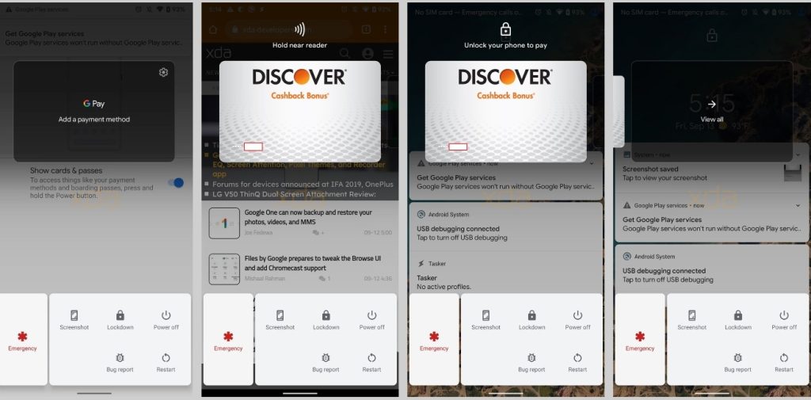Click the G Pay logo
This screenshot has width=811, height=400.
click(x=93, y=104)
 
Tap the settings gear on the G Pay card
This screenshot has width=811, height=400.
click(x=163, y=72)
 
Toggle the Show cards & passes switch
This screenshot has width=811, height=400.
click(x=176, y=183)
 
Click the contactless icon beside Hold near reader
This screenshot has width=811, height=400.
click(x=299, y=30)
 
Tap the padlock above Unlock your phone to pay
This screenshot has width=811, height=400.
click(x=505, y=30)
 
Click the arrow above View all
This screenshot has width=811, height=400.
click(x=711, y=104)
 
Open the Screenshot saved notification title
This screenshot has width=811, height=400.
click(x=650, y=169)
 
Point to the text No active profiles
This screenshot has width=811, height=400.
click(x=444, y=287)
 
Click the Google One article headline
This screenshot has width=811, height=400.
click(x=308, y=217)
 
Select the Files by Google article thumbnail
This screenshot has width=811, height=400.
click(x=224, y=269)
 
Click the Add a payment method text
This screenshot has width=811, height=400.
click(x=93, y=120)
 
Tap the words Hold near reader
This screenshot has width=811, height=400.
click(x=299, y=46)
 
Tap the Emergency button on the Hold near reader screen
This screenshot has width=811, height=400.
click(x=228, y=341)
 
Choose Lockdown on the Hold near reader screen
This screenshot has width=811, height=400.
click(x=326, y=319)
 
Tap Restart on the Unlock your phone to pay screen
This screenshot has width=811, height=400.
click(x=577, y=362)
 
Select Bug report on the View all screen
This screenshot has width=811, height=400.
click(x=737, y=362)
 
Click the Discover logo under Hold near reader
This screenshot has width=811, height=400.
click(x=299, y=77)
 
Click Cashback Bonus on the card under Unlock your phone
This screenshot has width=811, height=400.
click(x=505, y=96)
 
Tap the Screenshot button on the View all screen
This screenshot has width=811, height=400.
click(x=691, y=319)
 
